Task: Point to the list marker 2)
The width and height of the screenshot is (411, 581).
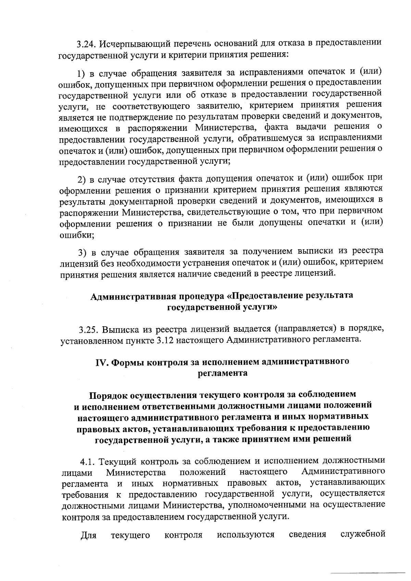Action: click(82, 179)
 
